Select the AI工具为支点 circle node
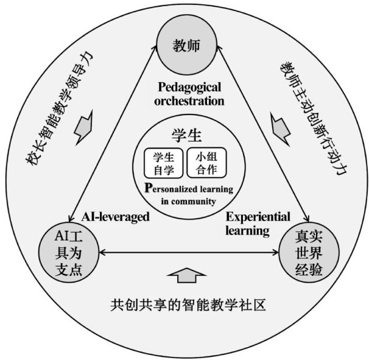68,251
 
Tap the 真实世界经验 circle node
303,251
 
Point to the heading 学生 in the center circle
184,136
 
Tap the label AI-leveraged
115,216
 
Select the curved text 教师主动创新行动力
311,116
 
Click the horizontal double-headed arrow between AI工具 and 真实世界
185,251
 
